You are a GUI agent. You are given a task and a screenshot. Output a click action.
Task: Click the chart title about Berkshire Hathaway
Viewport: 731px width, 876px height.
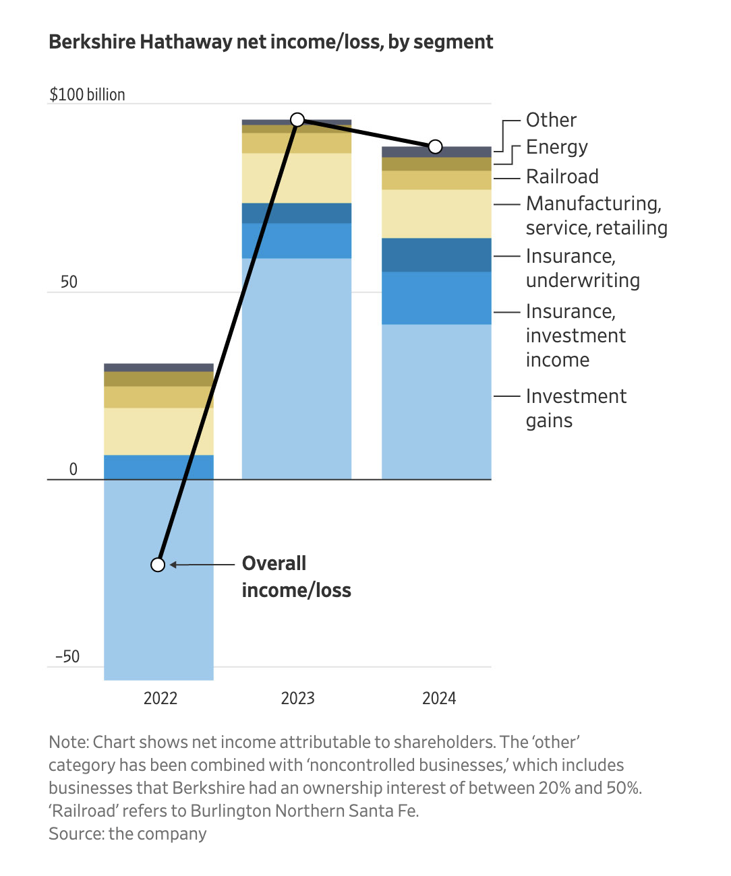(271, 42)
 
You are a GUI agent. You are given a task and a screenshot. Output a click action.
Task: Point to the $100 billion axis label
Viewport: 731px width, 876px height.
(87, 94)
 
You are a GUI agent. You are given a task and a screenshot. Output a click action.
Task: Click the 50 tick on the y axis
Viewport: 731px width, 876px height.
(69, 282)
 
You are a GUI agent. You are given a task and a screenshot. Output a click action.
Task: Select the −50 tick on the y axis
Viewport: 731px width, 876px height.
(67, 656)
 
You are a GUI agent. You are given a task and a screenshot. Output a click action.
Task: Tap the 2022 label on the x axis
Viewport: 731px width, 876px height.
(160, 698)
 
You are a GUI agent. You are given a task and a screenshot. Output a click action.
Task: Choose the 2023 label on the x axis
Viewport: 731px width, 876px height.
(297, 698)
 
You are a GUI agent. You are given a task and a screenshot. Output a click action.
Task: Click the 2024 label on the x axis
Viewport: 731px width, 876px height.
(439, 698)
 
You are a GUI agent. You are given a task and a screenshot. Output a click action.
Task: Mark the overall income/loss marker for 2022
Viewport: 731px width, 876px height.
(158, 565)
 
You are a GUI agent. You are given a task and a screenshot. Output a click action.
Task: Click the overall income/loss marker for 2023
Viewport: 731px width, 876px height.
(297, 120)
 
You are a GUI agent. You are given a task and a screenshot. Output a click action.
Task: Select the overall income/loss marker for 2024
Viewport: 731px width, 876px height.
(436, 146)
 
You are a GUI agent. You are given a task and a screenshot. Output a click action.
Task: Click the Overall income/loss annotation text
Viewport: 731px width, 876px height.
(296, 577)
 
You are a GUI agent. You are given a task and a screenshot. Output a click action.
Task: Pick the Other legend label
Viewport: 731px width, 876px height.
(551, 120)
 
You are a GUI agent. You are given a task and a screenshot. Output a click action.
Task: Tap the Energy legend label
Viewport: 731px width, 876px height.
(556, 147)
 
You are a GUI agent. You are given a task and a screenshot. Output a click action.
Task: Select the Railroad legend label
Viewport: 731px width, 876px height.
(562, 177)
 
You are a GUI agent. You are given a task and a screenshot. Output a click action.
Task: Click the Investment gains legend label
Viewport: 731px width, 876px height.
(576, 408)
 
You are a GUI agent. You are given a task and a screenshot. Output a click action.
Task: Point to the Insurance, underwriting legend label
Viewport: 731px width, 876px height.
(583, 268)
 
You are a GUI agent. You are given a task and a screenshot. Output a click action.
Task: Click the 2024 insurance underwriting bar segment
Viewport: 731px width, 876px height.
(436, 255)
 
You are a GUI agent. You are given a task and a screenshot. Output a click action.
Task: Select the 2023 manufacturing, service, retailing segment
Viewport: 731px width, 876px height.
(297, 178)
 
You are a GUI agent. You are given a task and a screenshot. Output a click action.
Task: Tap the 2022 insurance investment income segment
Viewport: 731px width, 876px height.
(158, 467)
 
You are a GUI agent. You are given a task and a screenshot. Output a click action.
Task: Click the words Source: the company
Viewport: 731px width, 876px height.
(127, 834)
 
